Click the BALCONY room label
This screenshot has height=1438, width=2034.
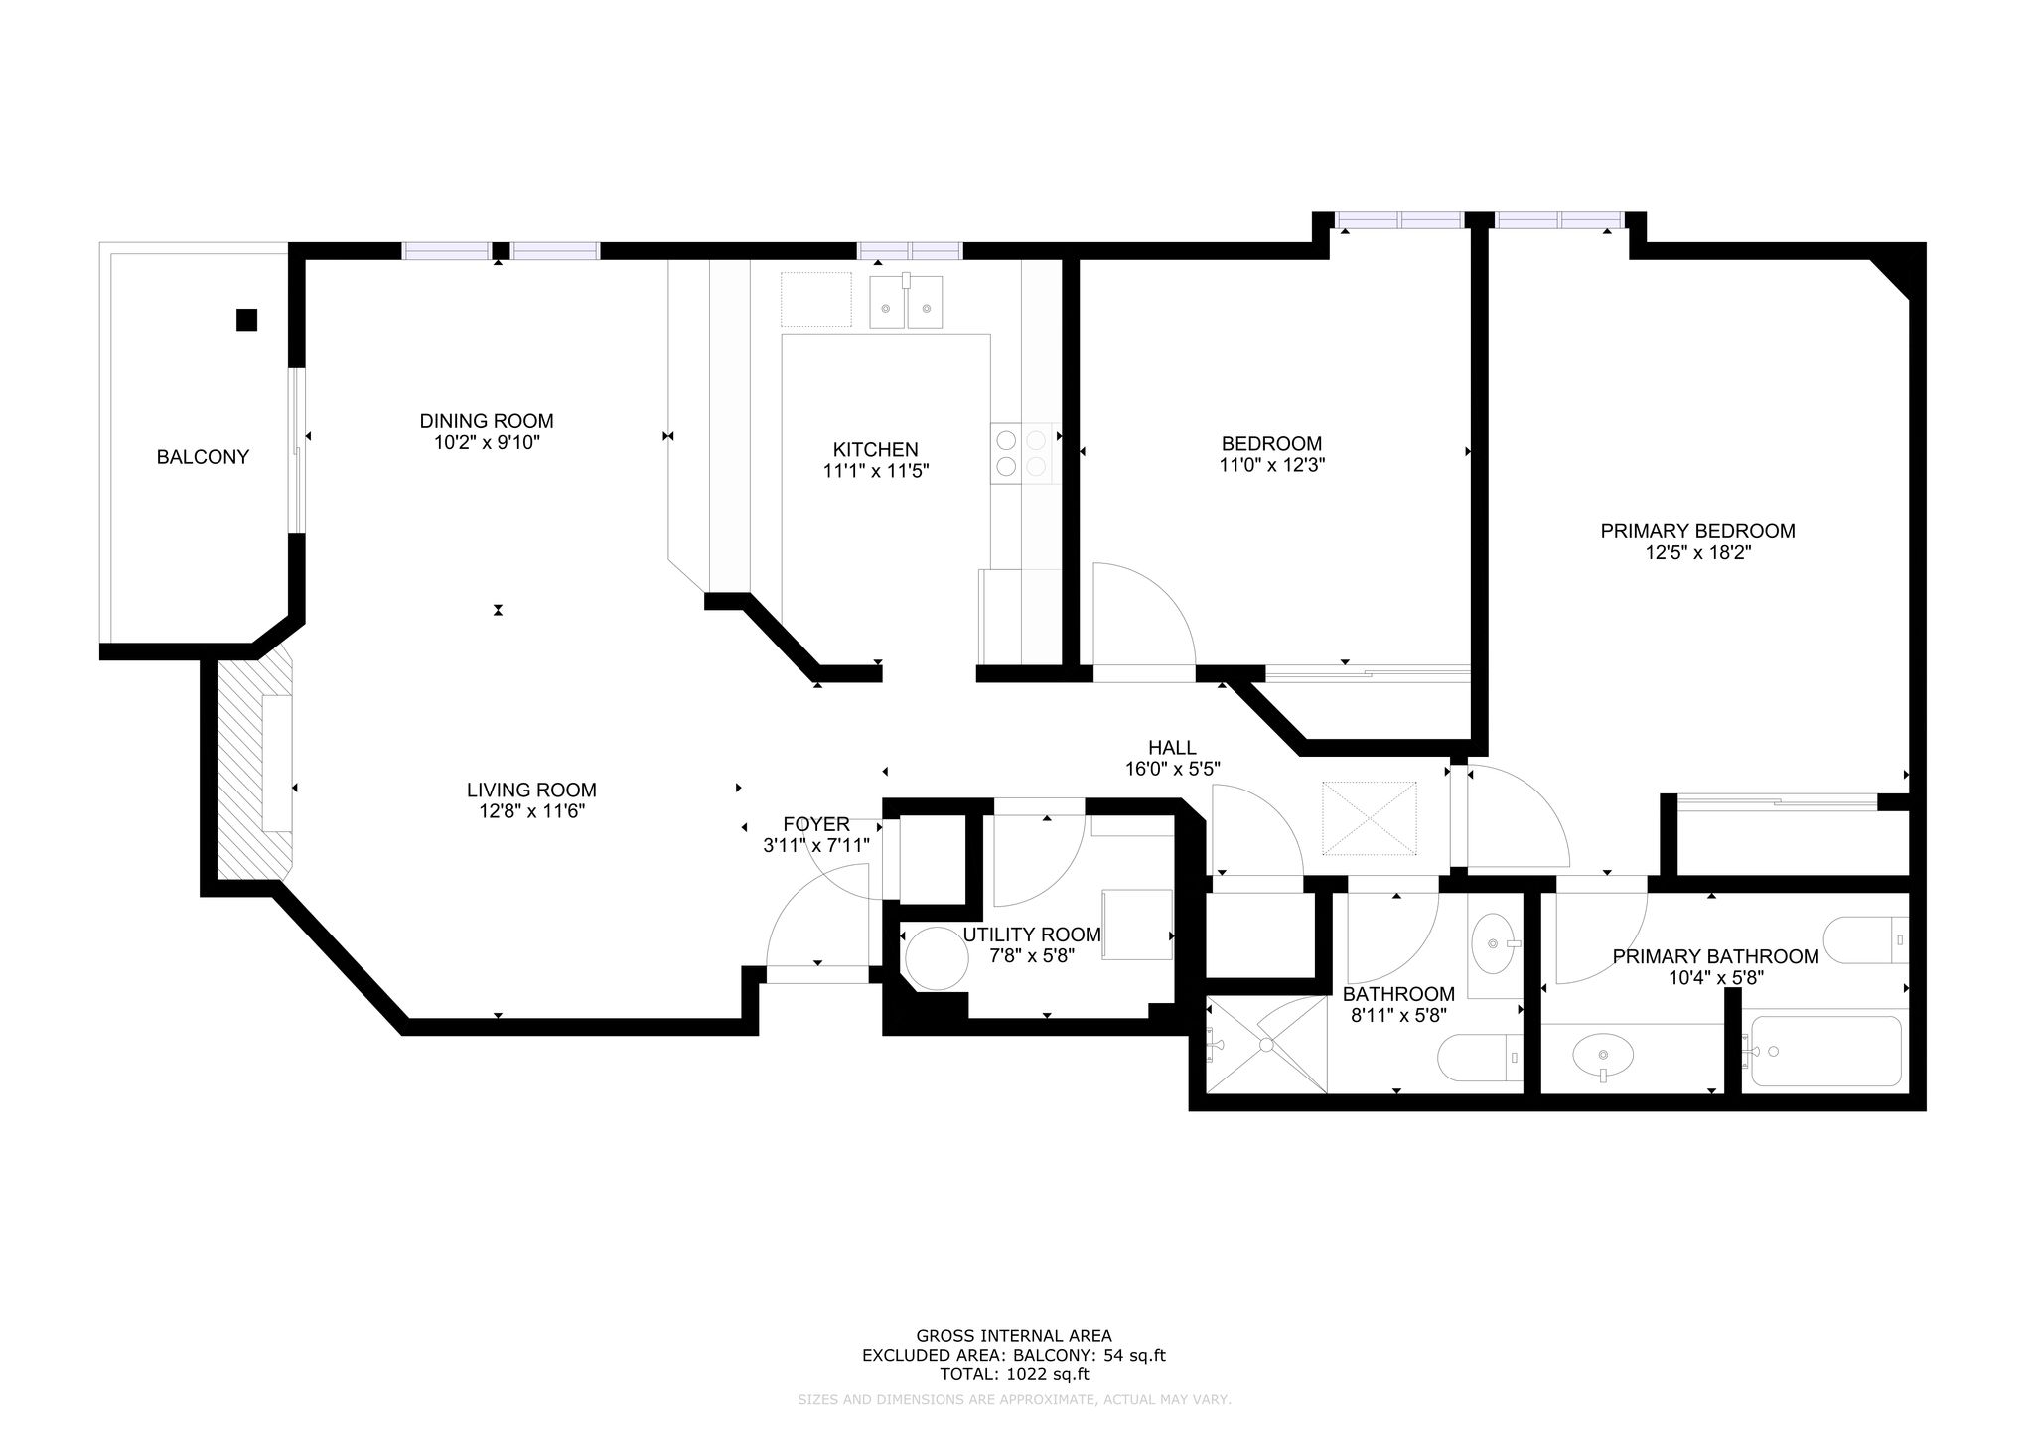click(203, 457)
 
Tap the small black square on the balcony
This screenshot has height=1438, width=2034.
click(246, 320)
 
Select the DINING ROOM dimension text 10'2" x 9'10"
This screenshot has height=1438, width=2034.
click(487, 443)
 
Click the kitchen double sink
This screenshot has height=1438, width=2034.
click(906, 301)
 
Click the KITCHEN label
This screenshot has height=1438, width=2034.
click(875, 450)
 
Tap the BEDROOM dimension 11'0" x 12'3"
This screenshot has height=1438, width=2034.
click(1272, 464)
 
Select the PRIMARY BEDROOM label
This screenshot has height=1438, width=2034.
click(1697, 531)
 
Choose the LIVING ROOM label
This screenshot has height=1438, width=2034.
click(531, 791)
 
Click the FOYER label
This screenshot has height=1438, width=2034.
click(816, 824)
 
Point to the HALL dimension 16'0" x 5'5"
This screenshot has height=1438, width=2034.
click(1172, 768)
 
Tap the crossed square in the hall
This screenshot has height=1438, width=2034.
click(1370, 817)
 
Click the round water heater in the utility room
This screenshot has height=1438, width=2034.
click(938, 957)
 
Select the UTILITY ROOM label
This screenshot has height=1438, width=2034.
click(1032, 935)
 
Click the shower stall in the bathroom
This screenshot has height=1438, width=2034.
click(1265, 1044)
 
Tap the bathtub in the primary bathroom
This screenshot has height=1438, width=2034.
click(1825, 1051)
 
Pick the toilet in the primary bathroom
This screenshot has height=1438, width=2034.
click(1866, 939)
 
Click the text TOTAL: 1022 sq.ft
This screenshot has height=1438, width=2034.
click(1014, 1375)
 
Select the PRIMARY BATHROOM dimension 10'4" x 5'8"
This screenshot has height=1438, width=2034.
click(1715, 977)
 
